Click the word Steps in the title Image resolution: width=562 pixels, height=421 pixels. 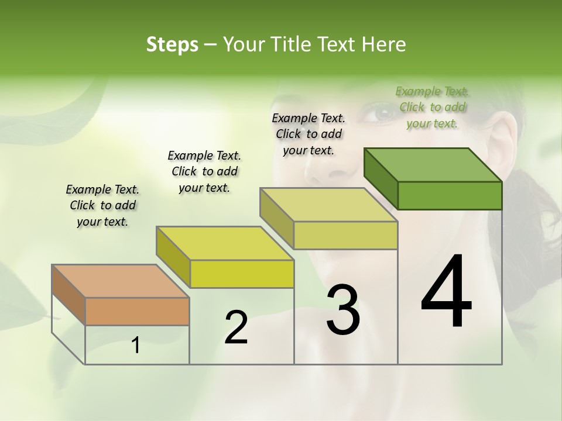[172, 44]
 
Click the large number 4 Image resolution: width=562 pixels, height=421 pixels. [446, 292]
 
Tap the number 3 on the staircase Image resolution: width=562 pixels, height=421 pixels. [343, 310]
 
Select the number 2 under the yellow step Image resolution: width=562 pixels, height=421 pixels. [236, 327]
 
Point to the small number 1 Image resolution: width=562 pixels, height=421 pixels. [136, 346]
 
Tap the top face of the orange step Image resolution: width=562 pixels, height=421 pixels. [121, 281]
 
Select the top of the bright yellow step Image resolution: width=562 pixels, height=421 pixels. [225, 243]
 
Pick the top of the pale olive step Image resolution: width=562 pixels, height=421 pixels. [328, 205]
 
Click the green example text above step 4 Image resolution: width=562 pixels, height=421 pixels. [433, 107]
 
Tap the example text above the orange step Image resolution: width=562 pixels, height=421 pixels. [102, 205]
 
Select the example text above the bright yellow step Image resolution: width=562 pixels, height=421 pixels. [204, 171]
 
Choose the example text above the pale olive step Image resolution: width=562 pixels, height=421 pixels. [309, 134]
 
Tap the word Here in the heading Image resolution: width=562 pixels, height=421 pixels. [384, 44]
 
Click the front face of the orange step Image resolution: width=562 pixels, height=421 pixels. [137, 311]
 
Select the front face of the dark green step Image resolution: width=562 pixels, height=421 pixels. [450, 195]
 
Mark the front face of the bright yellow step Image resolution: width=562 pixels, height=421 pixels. [242, 274]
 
